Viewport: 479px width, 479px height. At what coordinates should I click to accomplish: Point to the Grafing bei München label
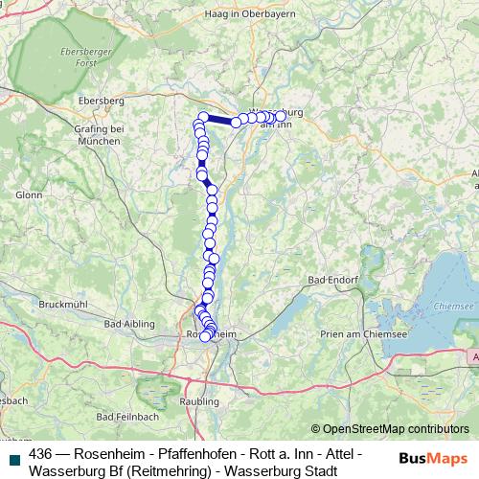tap(101, 133)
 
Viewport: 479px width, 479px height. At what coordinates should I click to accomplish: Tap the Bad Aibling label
tap(127, 326)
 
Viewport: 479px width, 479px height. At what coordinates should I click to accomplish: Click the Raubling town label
tap(199, 402)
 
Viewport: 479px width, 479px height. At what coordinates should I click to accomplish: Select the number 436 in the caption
tap(41, 453)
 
